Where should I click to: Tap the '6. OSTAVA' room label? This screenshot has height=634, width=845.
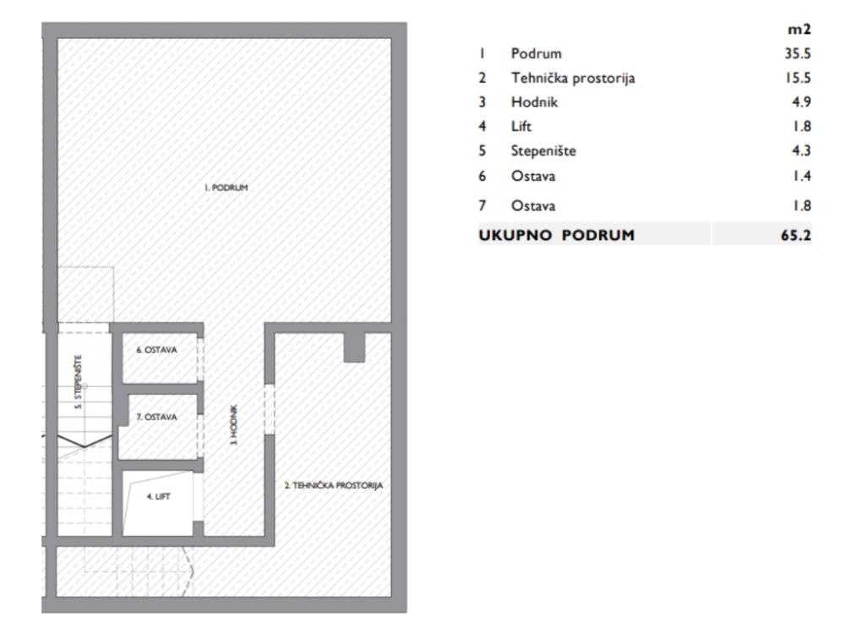tap(157, 350)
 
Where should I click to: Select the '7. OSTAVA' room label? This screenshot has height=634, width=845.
tap(157, 417)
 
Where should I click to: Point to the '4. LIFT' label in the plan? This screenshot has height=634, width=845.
tap(158, 497)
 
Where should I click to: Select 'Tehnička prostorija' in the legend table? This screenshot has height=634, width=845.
tap(572, 79)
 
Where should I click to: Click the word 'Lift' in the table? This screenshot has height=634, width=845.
tap(521, 128)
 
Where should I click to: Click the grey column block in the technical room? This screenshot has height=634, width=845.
tap(354, 347)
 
